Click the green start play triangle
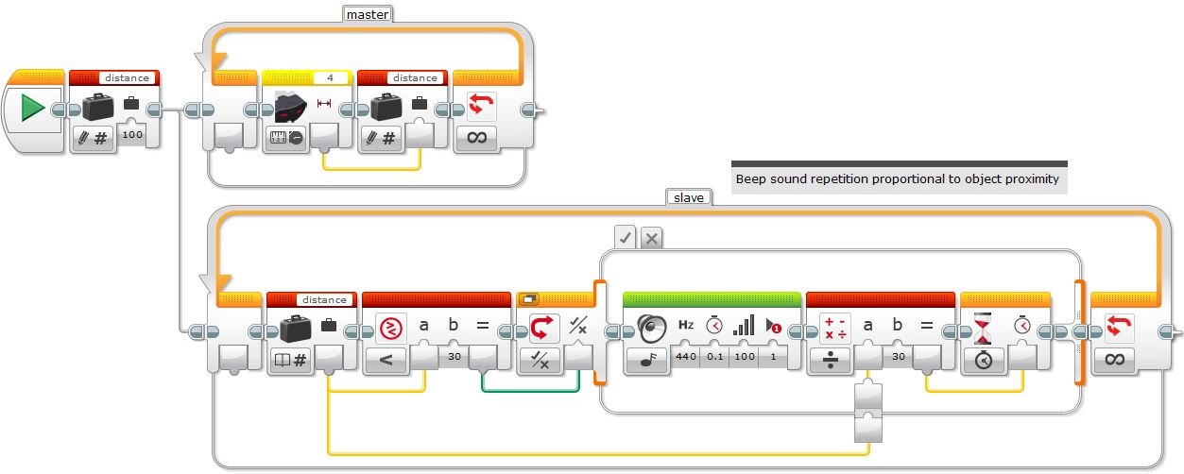point(32,108)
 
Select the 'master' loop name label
point(368,14)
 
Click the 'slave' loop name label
point(689,197)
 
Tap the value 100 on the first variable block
point(132,135)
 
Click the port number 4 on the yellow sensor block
point(331,77)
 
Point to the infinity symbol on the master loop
point(477,138)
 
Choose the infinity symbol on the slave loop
point(1114,360)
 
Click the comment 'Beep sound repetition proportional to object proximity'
point(897,179)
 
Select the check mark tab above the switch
point(626,238)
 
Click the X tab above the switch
point(652,239)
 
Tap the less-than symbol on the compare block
point(386,361)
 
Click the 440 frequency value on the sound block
point(686,357)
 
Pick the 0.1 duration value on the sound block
point(715,357)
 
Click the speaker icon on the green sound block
point(652,329)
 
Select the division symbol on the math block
point(831,360)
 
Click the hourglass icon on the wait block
point(982,328)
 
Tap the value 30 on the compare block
point(455,357)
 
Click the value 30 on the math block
point(899,357)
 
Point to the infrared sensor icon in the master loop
point(290,106)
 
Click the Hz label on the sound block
point(686,325)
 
